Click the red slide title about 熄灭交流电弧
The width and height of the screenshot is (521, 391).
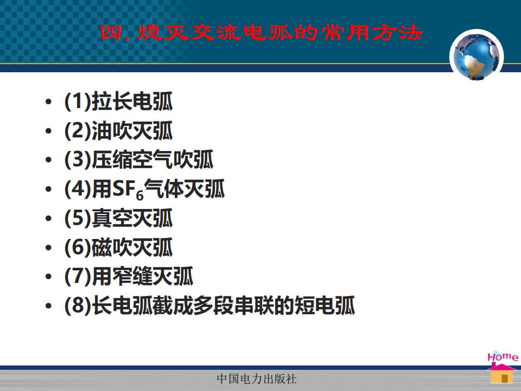261,33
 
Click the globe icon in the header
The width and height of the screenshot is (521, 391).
476,56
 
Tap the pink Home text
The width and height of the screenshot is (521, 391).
503,356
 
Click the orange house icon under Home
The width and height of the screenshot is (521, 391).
501,374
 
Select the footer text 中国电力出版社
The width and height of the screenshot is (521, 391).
257,379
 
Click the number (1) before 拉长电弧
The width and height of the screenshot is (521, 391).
78,101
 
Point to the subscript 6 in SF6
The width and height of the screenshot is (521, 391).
140,195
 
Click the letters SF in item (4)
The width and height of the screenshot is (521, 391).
123,188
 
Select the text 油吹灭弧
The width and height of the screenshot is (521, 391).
132,130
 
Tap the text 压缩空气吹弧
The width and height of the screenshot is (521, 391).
153,160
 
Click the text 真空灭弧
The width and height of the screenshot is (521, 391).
132,218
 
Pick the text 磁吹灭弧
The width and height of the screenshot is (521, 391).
132,248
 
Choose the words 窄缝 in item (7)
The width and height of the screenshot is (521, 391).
132,276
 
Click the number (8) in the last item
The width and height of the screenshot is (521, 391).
78,305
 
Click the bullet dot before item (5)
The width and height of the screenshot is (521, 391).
48,218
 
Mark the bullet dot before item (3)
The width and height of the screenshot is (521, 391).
48,160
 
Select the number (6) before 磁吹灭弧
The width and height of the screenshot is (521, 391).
78,248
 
